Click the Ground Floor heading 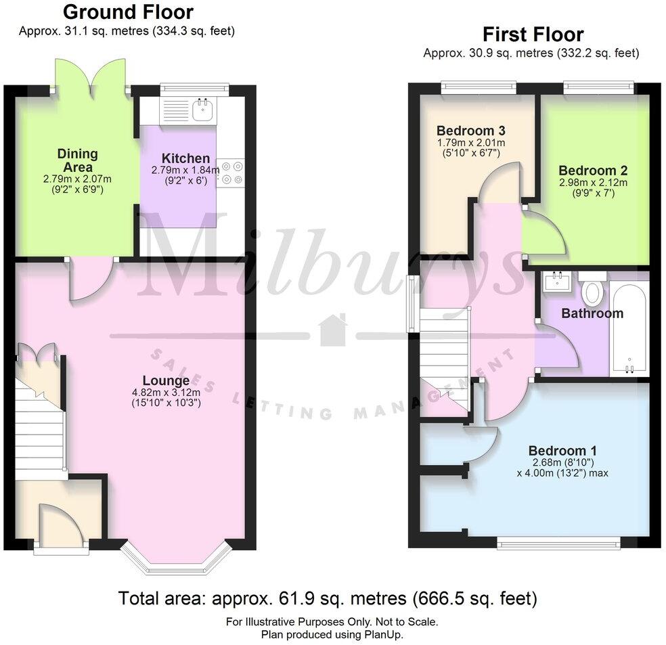tap(127, 12)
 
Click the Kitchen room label tap(181, 158)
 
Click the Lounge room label tap(166, 380)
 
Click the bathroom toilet tap(593, 290)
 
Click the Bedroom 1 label tap(562, 451)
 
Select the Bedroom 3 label tap(471, 131)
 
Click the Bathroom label tap(592, 313)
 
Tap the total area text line tap(328, 598)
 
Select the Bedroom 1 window tap(558, 541)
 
